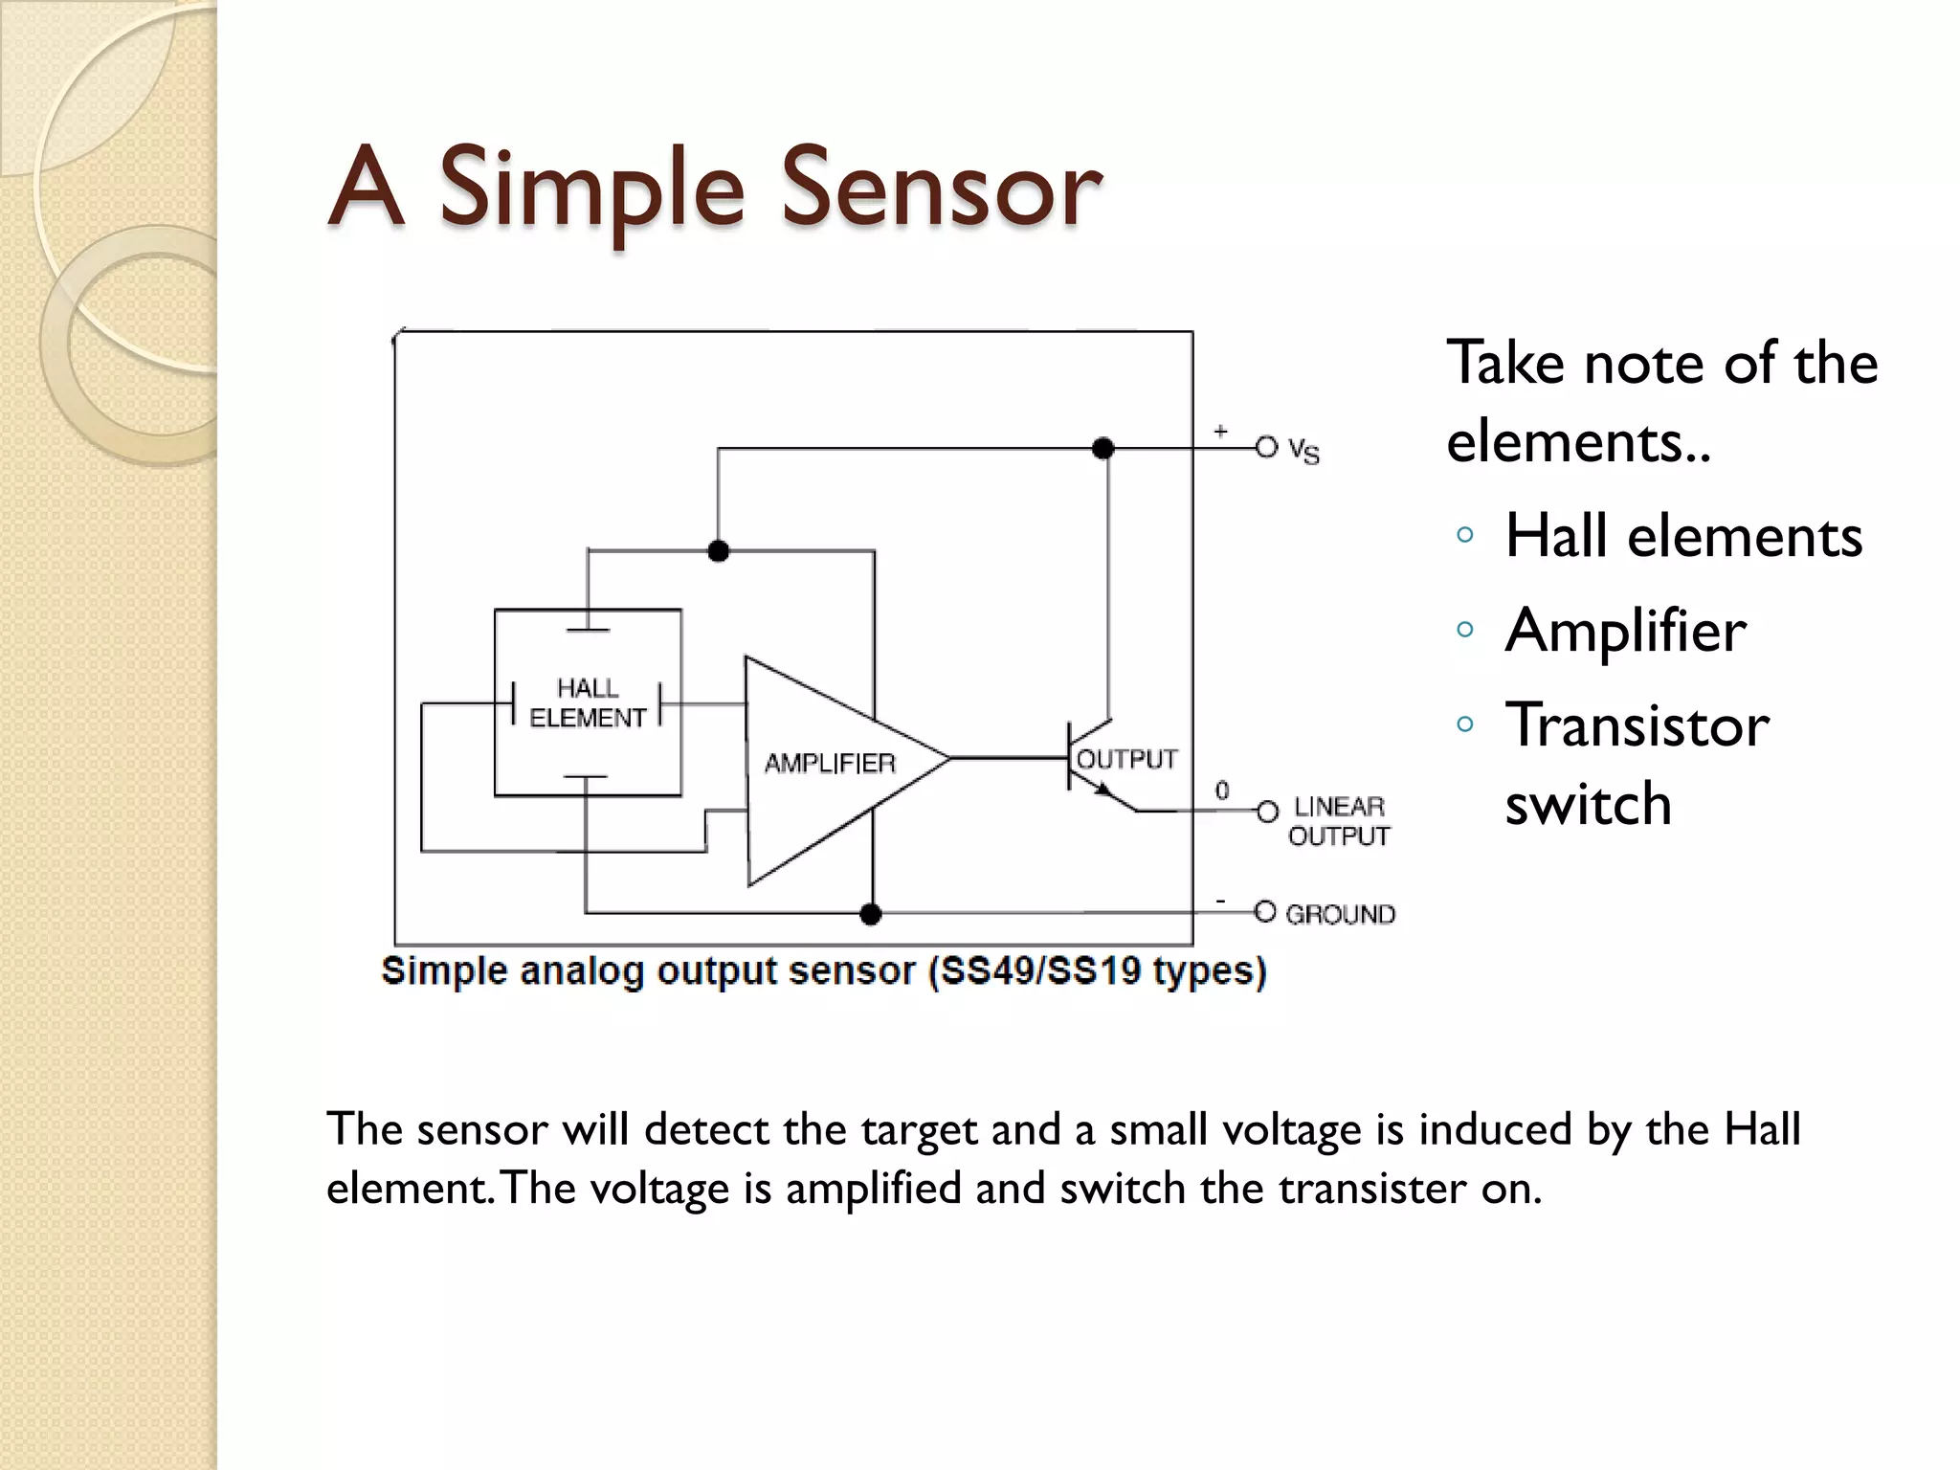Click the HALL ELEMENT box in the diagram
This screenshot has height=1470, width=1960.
pos(588,702)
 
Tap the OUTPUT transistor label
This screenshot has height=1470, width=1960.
pos(1126,759)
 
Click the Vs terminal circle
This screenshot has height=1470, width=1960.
pos(1266,447)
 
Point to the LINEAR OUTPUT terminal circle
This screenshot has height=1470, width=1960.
pos(1267,812)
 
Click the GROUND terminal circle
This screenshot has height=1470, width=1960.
pos(1265,912)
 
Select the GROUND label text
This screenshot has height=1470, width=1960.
pos(1340,914)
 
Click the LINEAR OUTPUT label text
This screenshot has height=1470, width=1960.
pos(1339,821)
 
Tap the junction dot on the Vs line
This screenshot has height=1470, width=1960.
pos(1103,448)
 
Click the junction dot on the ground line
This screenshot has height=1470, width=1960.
pos(870,914)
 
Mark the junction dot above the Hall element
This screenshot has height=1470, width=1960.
pos(718,550)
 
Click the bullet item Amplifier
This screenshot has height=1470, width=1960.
pos(1625,630)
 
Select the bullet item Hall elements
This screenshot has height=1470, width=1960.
pos(1683,535)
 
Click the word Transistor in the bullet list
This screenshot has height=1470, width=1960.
pos(1637,724)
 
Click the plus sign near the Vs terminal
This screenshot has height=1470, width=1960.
pos(1220,432)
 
